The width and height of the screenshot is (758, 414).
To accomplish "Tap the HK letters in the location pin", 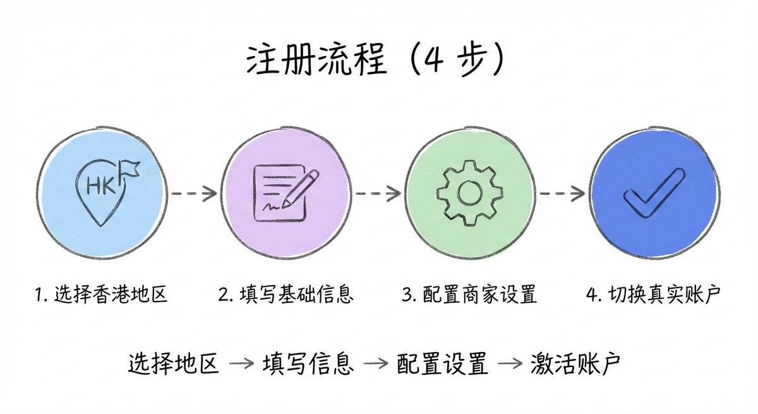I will pyautogui.click(x=97, y=185).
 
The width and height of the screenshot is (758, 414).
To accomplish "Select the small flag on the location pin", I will pyautogui.click(x=130, y=167).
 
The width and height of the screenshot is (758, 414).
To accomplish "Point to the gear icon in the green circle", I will pyautogui.click(x=470, y=193).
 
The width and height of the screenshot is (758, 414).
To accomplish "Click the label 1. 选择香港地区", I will pyautogui.click(x=102, y=294).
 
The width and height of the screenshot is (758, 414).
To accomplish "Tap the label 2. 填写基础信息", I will pyautogui.click(x=286, y=294).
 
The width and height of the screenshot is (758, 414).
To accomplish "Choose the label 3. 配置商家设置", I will pyautogui.click(x=469, y=294).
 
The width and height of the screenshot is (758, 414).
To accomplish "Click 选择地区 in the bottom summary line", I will pyautogui.click(x=173, y=363).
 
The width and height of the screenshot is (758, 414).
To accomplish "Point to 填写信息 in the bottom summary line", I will pyautogui.click(x=308, y=363).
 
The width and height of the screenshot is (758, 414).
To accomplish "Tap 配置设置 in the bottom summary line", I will pyautogui.click(x=443, y=363).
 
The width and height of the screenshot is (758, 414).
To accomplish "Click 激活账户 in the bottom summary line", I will pyautogui.click(x=577, y=363).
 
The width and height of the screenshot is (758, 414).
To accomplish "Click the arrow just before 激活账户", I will pyautogui.click(x=510, y=365).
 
